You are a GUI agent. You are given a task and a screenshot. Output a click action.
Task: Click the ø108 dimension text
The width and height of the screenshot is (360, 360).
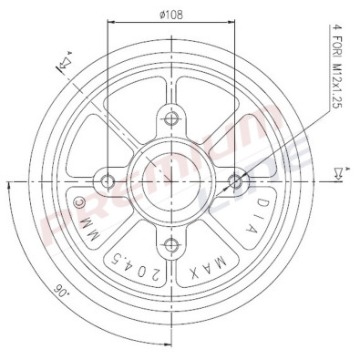coord(171,15)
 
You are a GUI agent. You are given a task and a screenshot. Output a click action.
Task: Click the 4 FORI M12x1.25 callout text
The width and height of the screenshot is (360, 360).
coord(336,67)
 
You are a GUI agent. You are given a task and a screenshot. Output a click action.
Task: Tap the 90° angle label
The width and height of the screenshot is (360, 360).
coord(60,291)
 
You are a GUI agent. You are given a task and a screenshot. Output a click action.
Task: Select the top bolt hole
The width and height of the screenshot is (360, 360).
coord(171,118)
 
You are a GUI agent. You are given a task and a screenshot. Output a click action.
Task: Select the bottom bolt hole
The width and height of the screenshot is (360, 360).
coord(171,245)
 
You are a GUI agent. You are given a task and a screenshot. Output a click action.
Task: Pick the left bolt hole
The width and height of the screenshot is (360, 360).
coord(108,181)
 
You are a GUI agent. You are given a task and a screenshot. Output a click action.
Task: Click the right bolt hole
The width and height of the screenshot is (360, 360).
coord(235,181)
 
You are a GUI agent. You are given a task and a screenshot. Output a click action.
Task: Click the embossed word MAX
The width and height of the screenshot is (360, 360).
coord(209,267)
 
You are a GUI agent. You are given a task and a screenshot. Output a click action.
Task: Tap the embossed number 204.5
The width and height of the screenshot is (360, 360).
coord(135,264)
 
